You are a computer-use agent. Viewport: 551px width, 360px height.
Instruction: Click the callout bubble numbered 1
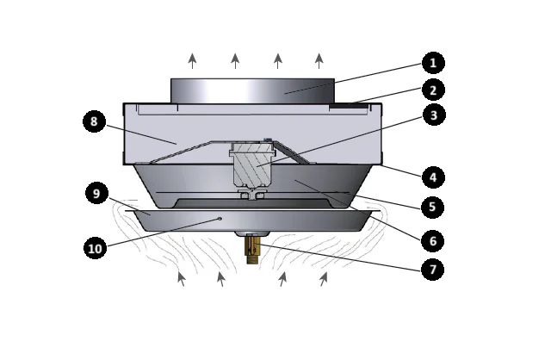[434, 63]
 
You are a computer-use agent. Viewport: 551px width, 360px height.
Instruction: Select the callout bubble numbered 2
[434, 90]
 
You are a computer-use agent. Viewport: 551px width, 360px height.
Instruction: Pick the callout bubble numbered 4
[434, 178]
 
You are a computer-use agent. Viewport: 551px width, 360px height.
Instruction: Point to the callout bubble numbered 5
[434, 208]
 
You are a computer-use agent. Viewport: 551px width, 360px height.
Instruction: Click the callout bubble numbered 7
[434, 270]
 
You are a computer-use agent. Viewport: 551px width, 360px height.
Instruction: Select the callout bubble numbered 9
[95, 194]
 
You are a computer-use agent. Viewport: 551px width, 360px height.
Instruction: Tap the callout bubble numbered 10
[95, 250]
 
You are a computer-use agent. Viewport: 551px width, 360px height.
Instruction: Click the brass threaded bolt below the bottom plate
[252, 251]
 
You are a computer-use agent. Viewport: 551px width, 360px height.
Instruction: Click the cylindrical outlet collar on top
[252, 90]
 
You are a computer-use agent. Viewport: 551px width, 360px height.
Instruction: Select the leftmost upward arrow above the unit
[192, 60]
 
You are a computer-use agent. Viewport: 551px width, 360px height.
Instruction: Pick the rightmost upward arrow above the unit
[319, 60]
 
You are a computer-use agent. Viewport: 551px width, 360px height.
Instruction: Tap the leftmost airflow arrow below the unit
[181, 278]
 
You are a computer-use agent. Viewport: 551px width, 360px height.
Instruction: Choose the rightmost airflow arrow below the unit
[325, 278]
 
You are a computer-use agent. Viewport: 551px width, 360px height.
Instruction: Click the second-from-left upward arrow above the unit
[235, 60]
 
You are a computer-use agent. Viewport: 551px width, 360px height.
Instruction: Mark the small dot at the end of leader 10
[220, 219]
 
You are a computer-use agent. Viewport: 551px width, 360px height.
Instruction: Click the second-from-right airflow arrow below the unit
[282, 278]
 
